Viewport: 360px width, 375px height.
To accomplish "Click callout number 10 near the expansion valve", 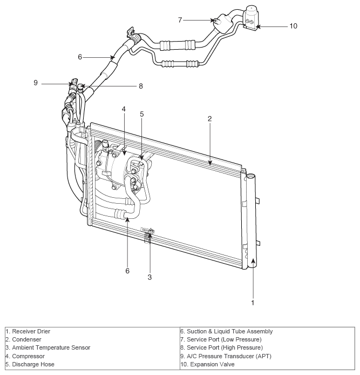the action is point(294,26).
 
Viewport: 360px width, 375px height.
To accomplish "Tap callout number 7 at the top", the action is point(180,20).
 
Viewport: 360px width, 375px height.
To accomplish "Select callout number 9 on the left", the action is point(36,83).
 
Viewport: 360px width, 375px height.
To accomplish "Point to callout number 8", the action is point(141,86).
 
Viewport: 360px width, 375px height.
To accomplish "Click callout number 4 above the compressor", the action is point(124,109).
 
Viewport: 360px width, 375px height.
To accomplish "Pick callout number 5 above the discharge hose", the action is point(142,114).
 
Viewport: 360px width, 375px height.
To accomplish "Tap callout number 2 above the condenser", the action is point(210,119).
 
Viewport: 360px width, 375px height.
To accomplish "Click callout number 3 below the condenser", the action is point(150,277).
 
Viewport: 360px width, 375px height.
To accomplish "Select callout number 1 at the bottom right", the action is point(253,303).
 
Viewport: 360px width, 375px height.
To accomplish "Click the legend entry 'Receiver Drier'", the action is point(28,331).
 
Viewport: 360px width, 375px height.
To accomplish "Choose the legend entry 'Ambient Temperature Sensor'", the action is point(48,347).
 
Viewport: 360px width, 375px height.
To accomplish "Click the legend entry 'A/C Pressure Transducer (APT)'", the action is point(226,356).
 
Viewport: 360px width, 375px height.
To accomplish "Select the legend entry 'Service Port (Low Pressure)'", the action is point(221,339).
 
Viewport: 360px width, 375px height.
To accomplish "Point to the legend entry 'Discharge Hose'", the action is point(30,364).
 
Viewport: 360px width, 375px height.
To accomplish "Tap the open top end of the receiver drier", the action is point(250,177).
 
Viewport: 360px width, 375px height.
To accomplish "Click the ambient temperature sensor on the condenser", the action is point(148,235).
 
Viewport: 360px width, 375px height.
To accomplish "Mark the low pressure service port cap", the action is point(216,21).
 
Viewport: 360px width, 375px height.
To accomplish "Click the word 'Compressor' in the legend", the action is point(28,356).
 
